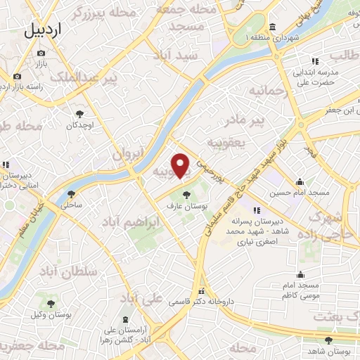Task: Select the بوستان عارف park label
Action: [x=187, y=206]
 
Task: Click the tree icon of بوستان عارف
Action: [x=187, y=195]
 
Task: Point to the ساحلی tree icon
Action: [x=71, y=195]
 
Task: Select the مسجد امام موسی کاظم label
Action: [x=300, y=290]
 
